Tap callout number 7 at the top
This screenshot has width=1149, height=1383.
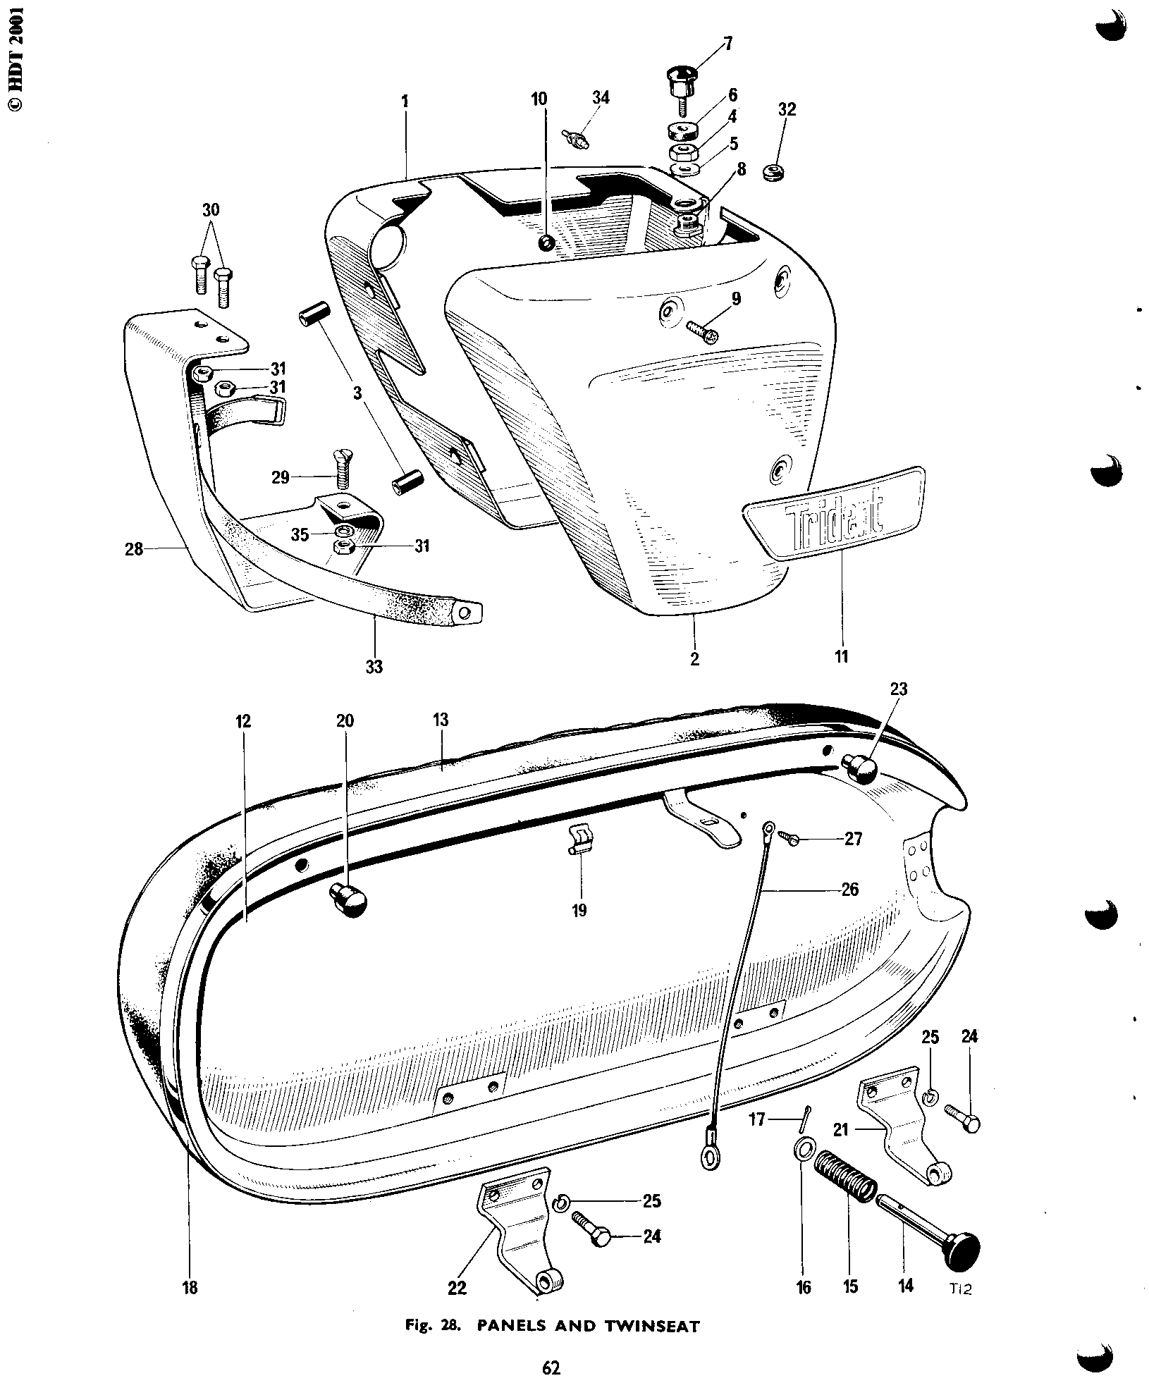pyautogui.click(x=729, y=45)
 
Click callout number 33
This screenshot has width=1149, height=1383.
pyautogui.click(x=374, y=665)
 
